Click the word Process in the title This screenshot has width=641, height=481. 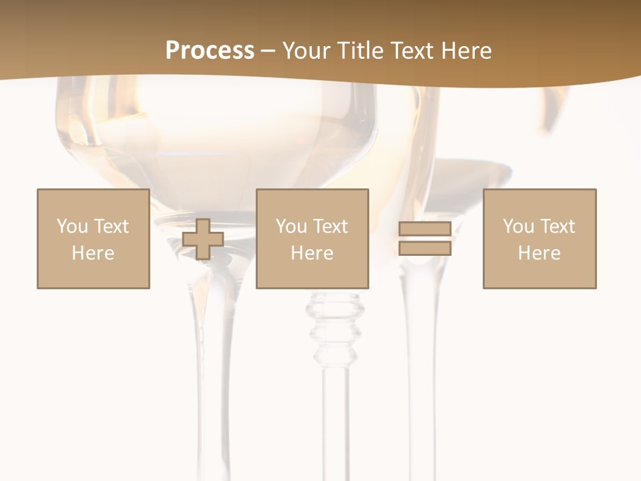coord(210,51)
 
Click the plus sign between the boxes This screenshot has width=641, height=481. coord(203,239)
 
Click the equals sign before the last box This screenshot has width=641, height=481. coord(425,238)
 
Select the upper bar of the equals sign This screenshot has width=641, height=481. coord(425,229)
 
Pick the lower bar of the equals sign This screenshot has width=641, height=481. coord(425,248)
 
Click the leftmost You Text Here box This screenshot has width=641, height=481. coord(93,238)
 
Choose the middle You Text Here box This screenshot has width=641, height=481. coord(312,238)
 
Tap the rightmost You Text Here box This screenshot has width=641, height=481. coord(539,238)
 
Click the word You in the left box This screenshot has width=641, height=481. coord(72,226)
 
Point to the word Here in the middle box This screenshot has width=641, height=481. coord(312,253)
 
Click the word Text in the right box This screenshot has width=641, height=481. coord(556,226)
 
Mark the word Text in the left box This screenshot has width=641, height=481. coord(110,226)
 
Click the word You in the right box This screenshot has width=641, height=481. coord(518,226)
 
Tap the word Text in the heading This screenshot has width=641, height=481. coord(412,51)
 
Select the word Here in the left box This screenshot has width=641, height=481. coord(93,253)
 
